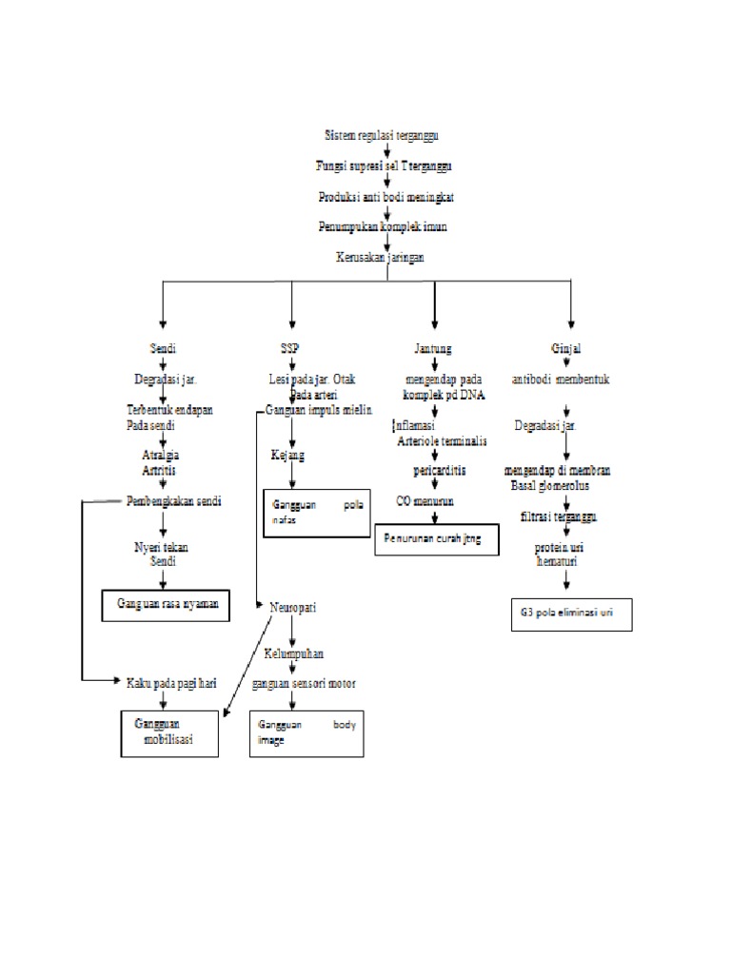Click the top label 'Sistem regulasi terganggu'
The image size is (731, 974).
tap(382, 135)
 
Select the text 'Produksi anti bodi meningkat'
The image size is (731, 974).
tap(385, 197)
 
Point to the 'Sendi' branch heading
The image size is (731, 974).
tap(164, 349)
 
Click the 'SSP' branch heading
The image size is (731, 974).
tap(290, 349)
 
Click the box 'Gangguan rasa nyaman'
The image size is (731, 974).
tap(167, 604)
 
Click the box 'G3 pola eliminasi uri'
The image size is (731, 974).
tap(568, 614)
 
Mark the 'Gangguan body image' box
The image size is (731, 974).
tap(306, 732)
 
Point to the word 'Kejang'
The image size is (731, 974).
tap(288, 456)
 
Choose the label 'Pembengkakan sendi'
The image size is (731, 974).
tap(175, 501)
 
